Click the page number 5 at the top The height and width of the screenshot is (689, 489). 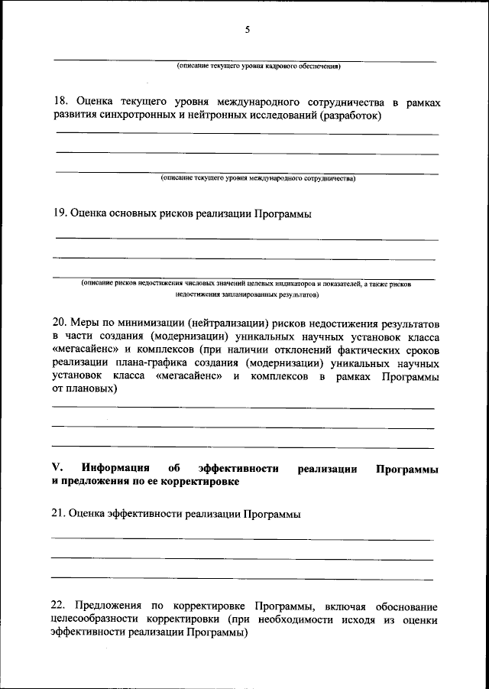(247, 30)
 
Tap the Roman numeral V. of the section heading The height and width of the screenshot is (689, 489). (57, 468)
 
